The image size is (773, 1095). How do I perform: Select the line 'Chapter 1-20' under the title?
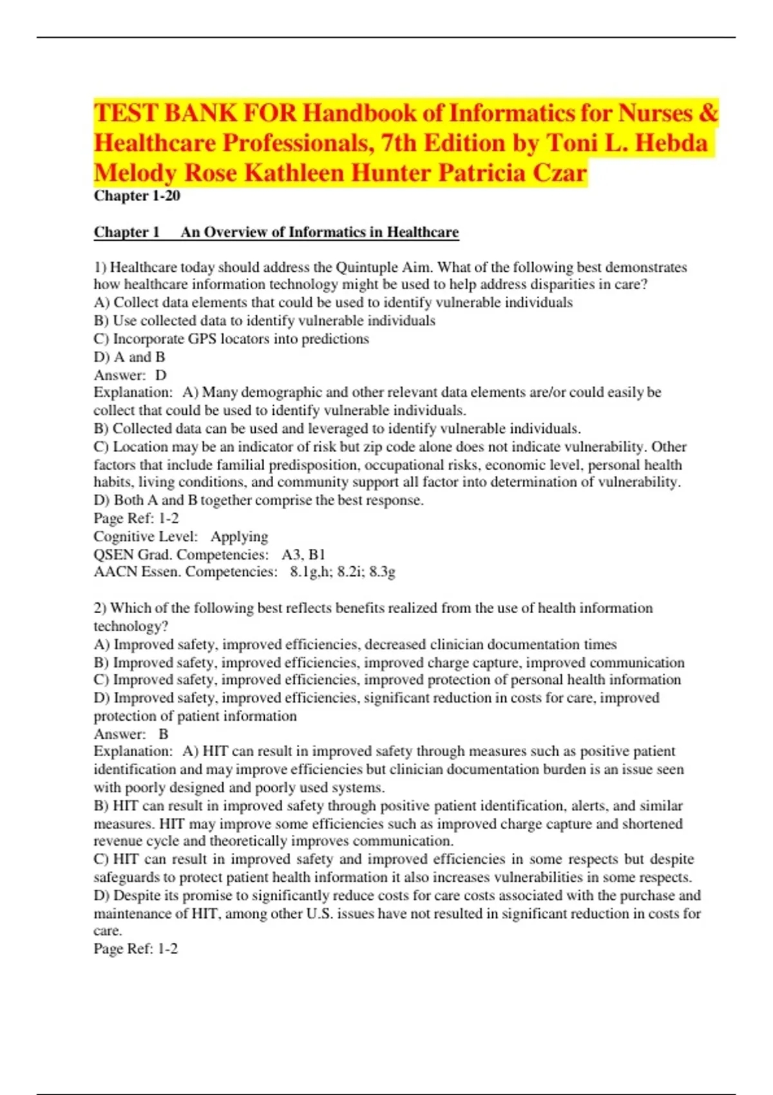point(137,196)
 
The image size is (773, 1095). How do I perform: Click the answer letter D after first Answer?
point(161,375)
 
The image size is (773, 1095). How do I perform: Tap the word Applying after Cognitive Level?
point(239,537)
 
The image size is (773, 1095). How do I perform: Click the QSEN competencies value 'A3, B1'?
point(303,555)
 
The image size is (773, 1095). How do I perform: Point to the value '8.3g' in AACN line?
point(382,572)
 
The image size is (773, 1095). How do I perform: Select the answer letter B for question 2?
point(164,734)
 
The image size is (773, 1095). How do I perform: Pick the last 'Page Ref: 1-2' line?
point(136,949)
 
